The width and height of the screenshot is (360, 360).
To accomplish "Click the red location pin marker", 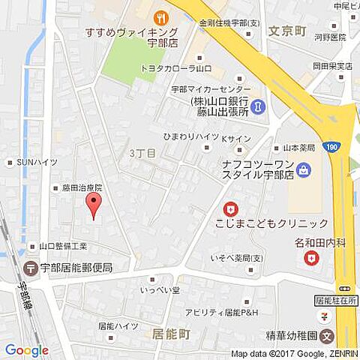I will (x=93, y=203).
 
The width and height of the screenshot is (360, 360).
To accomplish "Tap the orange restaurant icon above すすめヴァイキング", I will (x=158, y=16).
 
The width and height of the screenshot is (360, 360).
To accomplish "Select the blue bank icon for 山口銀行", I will (x=258, y=107).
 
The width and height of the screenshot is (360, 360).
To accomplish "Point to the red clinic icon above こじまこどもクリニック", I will (x=231, y=209).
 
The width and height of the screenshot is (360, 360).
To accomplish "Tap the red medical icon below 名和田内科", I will (x=310, y=259).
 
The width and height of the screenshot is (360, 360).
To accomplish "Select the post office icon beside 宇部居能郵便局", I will (x=31, y=268).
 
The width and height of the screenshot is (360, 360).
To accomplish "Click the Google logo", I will (x=26, y=350).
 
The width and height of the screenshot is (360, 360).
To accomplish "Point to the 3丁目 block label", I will (x=141, y=152).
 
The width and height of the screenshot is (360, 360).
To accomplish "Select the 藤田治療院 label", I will (x=81, y=187).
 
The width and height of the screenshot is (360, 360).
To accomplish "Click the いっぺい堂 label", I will (x=160, y=289).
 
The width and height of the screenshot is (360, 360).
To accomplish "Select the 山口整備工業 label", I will (x=63, y=245).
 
